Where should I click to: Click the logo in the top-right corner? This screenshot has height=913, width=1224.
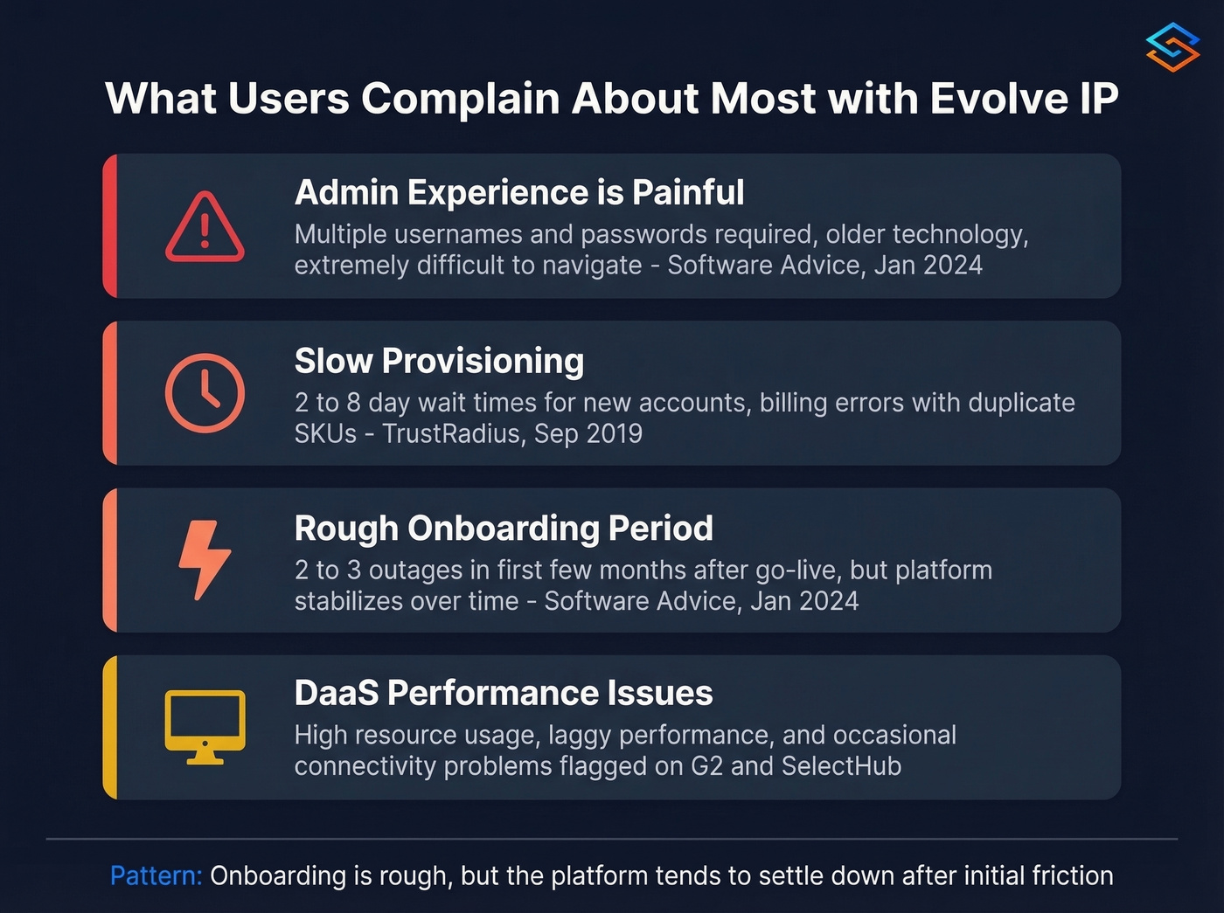click(1172, 47)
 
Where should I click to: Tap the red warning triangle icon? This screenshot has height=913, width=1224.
click(205, 227)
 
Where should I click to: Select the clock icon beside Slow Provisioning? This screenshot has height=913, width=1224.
click(205, 393)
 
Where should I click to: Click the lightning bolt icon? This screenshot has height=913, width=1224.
click(205, 560)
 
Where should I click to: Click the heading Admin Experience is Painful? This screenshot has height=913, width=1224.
click(519, 192)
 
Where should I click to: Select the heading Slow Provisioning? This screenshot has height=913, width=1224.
click(439, 361)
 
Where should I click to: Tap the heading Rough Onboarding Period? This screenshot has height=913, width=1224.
click(504, 528)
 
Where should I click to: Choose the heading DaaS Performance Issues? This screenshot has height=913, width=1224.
click(504, 693)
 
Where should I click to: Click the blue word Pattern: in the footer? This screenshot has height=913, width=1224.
click(156, 875)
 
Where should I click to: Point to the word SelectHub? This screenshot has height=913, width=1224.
click(841, 766)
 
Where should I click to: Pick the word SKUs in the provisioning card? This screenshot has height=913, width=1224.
click(325, 433)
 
